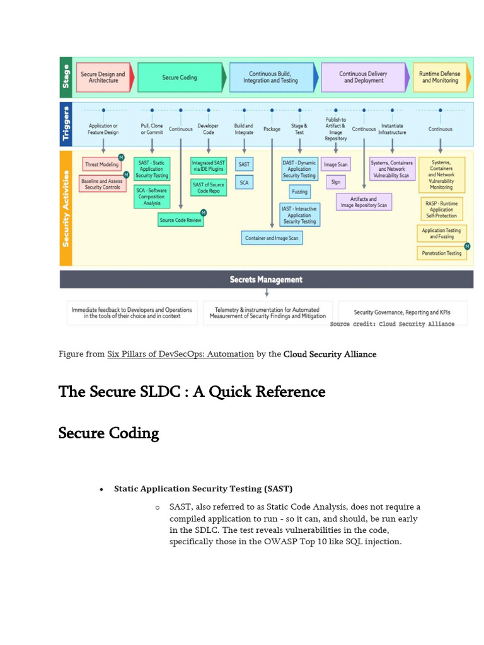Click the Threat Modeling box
click(x=101, y=164)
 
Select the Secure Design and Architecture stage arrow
click(x=103, y=77)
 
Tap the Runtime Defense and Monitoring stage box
click(x=440, y=77)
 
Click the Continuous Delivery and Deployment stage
click(x=364, y=77)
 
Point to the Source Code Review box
click(x=181, y=220)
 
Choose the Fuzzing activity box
click(x=299, y=191)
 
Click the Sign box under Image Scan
click(x=335, y=182)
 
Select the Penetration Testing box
click(x=441, y=253)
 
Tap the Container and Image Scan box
click(x=272, y=237)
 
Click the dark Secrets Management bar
click(x=266, y=280)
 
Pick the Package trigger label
click(x=272, y=129)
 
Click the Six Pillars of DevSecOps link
click(x=180, y=355)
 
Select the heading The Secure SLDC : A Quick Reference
click(x=192, y=392)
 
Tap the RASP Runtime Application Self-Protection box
click(x=441, y=209)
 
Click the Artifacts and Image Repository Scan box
click(x=364, y=202)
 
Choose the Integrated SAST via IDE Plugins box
click(x=209, y=166)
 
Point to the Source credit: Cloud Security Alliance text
click(x=392, y=324)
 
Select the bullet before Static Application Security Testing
click(x=101, y=489)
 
